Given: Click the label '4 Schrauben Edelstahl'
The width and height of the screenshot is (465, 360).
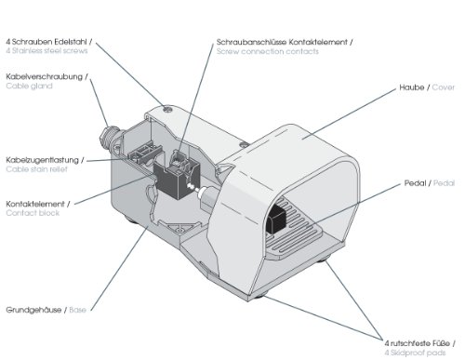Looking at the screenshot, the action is (x=46, y=42).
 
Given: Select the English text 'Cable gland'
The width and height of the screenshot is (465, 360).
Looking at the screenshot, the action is (x=29, y=86).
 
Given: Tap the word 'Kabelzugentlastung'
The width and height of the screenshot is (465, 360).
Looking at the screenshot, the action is (x=43, y=160).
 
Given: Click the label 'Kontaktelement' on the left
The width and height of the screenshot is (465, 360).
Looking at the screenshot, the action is (x=35, y=204).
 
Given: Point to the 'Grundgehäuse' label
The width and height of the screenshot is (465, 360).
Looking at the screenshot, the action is (x=33, y=310).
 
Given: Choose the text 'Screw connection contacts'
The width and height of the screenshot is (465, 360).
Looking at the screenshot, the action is (x=268, y=51).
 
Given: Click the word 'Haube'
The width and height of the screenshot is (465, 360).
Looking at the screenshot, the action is (x=412, y=87).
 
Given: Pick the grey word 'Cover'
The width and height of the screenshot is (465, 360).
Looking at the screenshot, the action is (x=444, y=87).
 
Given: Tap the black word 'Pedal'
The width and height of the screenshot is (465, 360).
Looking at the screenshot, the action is (x=415, y=183).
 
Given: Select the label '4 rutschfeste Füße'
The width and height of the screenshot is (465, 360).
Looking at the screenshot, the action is (x=418, y=343).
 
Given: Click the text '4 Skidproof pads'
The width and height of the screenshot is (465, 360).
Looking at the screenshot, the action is (x=415, y=353).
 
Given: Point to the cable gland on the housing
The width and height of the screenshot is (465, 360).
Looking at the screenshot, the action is (x=108, y=137).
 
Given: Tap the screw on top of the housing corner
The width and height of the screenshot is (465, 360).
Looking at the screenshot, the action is (x=167, y=109).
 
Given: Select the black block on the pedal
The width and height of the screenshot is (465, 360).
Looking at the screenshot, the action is (x=275, y=219).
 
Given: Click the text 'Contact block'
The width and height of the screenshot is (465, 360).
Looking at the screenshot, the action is (x=33, y=213).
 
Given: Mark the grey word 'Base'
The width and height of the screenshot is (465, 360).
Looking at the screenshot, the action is (x=77, y=310).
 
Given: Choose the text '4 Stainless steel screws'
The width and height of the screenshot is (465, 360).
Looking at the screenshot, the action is (x=46, y=50).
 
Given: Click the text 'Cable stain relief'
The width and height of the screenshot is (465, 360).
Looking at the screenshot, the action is (x=36, y=169).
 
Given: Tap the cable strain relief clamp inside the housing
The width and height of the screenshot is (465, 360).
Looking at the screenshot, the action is (x=143, y=153).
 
